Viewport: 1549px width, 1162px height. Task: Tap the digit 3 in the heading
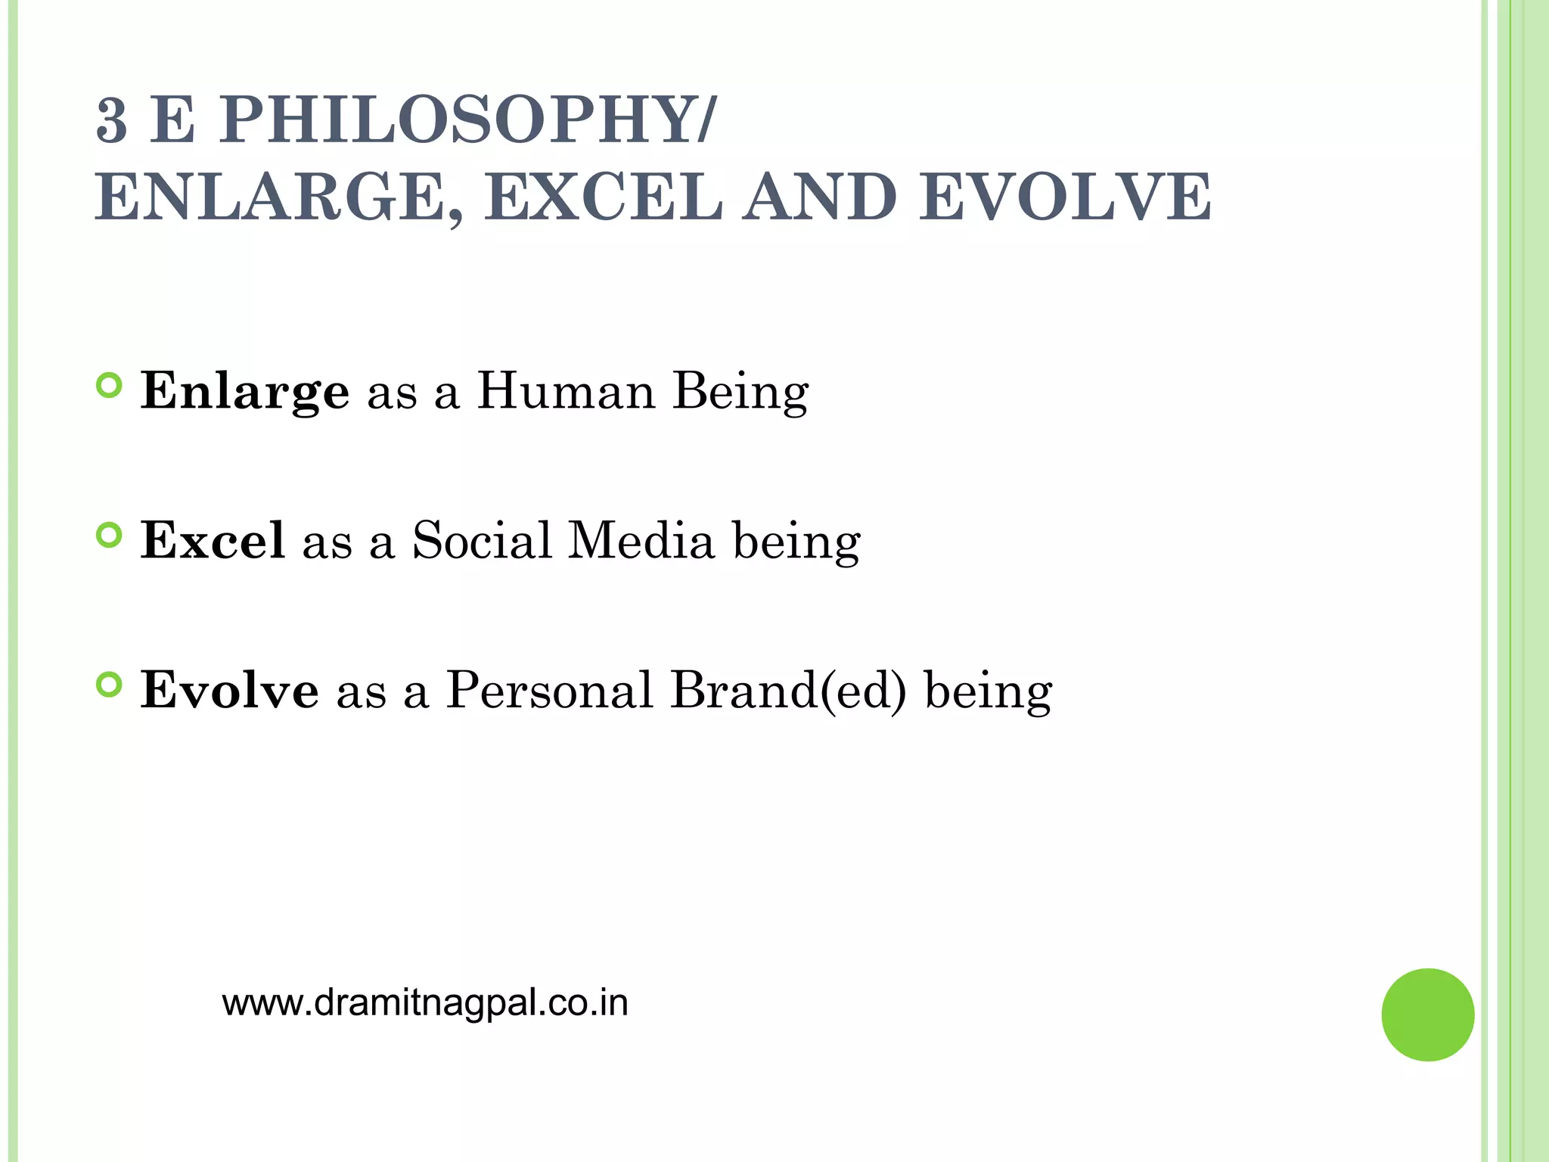(x=112, y=121)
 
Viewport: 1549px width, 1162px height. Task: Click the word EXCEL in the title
(x=604, y=197)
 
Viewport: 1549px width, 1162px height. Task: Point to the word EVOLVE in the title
(x=1065, y=197)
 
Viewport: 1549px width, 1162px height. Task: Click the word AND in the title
(x=819, y=197)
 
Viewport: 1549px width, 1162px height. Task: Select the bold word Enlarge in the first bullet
(x=245, y=392)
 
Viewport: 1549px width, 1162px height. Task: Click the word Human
(x=566, y=390)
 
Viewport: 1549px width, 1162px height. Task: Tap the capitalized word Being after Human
(x=740, y=392)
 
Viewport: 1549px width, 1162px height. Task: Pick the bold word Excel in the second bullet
(x=213, y=540)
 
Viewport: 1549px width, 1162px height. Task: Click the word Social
(x=482, y=540)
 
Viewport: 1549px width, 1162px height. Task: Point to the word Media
(x=641, y=540)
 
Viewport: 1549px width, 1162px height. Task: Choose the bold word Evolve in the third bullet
(x=230, y=689)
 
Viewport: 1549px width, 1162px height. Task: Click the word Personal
(x=549, y=689)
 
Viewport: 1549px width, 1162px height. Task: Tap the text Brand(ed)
(x=788, y=690)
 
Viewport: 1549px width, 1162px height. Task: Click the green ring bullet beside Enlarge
(x=110, y=386)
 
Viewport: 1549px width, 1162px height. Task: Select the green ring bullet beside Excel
(x=110, y=536)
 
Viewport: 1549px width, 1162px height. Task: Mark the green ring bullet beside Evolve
(x=110, y=685)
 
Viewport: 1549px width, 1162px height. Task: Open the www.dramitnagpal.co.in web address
(x=425, y=1003)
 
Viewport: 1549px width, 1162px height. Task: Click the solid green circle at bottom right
(x=1427, y=1014)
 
